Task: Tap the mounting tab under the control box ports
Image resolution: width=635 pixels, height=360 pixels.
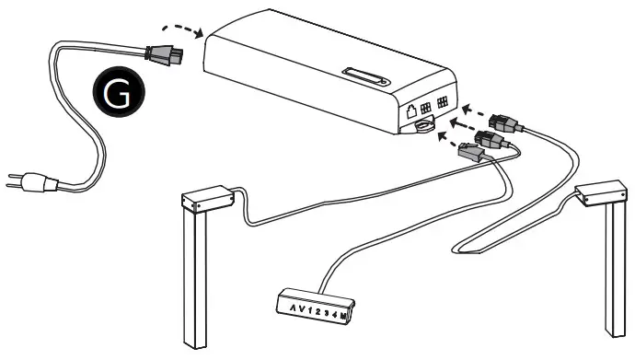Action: click(424, 126)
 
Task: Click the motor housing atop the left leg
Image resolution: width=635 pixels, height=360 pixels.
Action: click(205, 198)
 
